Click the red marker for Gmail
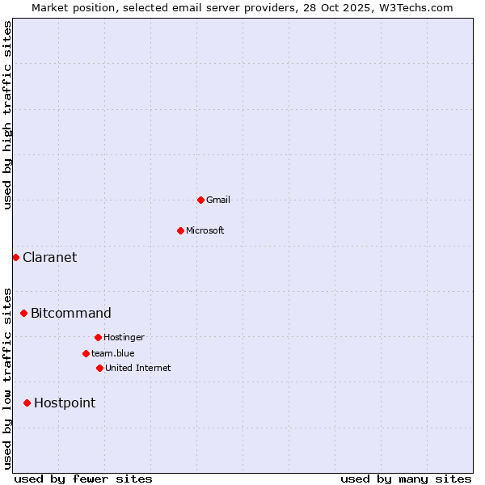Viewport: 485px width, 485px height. [x=200, y=200]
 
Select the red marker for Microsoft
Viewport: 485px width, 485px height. [x=180, y=230]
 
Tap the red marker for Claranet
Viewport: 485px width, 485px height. [x=15, y=257]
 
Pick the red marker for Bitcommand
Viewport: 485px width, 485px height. [x=23, y=313]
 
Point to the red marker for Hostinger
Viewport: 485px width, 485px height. [x=98, y=337]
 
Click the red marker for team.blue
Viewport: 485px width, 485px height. [x=86, y=353]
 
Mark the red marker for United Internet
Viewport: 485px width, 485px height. [x=99, y=368]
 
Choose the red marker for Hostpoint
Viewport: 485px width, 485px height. [x=27, y=403]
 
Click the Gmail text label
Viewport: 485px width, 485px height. [x=218, y=200]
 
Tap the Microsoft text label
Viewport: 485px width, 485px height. [x=205, y=230]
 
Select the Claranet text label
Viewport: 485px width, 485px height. [x=50, y=257]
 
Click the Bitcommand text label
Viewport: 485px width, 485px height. [x=71, y=313]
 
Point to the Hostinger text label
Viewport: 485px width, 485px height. [x=124, y=337]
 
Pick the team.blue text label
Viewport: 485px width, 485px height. [x=113, y=353]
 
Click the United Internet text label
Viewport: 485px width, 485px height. [x=138, y=368]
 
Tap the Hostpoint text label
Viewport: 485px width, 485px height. [x=65, y=403]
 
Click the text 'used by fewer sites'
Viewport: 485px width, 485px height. [x=83, y=479]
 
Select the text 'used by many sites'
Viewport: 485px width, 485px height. [x=406, y=479]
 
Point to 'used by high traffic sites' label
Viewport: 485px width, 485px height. [x=7, y=115]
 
